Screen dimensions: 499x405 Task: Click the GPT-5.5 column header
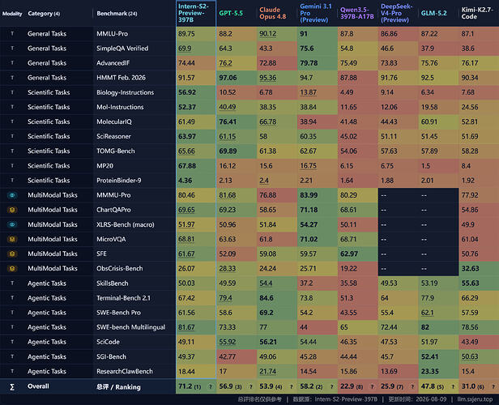231,13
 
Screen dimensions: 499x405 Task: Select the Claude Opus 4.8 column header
272,13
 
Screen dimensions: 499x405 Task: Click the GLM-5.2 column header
433,13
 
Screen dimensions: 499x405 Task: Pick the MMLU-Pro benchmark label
112,34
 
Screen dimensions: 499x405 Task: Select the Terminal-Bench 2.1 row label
123,298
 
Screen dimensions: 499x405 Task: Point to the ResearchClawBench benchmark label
125,371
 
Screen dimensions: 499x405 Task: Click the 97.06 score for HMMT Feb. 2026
228,78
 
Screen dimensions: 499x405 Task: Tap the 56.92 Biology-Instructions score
187,92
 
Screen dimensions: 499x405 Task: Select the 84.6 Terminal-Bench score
267,298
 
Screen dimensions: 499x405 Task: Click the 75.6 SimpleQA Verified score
307,49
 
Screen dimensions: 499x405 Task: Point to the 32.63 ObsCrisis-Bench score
471,269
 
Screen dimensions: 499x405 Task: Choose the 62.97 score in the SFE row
349,254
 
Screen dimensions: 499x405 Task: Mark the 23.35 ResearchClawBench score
429,371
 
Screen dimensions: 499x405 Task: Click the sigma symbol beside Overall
12,387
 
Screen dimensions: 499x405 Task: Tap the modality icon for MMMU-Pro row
12,195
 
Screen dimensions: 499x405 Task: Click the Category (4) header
44,13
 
